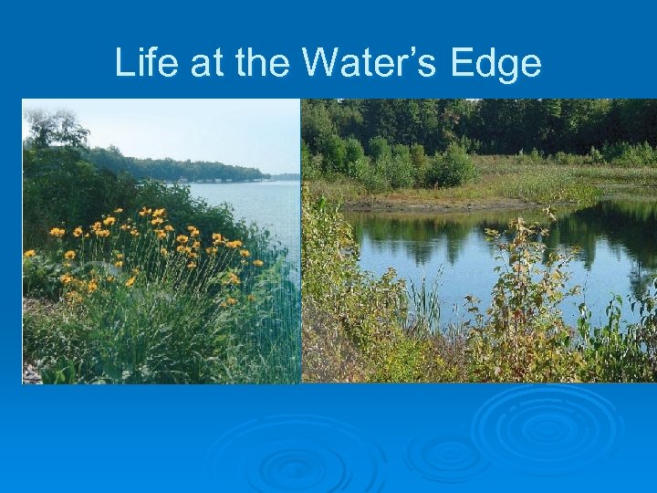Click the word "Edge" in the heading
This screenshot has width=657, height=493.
[x=501, y=64]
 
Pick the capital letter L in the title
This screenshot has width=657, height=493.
[x=123, y=64]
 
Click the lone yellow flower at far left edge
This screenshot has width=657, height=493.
[x=30, y=254]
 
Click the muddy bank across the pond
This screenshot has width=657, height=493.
[x=429, y=205]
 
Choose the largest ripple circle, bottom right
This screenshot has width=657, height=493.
[x=546, y=425]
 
